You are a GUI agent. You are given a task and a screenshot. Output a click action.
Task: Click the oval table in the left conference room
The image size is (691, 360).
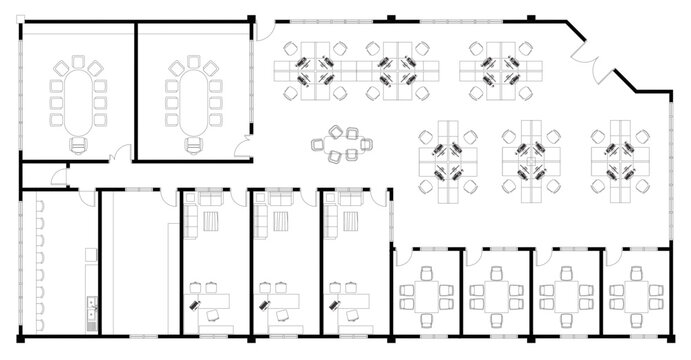[x=75, y=100]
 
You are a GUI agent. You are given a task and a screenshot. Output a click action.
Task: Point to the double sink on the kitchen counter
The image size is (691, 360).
[x=91, y=309]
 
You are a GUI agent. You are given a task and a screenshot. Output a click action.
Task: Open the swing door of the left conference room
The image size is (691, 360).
[x=119, y=154]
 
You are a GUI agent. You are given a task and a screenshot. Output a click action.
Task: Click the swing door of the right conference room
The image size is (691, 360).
[x=239, y=150]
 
